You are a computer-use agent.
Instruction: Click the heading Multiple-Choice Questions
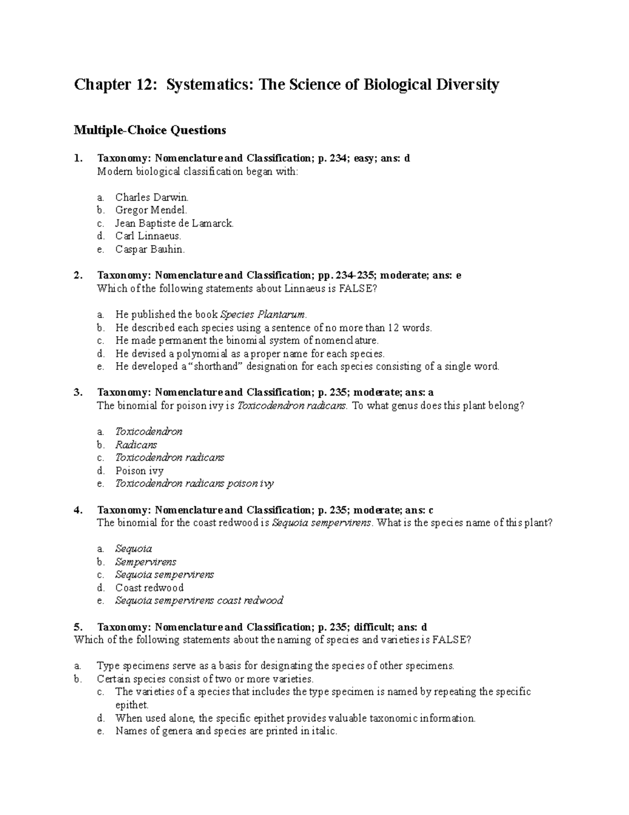150,130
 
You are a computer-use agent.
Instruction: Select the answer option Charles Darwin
151,197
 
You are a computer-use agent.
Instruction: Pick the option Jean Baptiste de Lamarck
174,223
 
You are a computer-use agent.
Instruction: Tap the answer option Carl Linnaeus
148,236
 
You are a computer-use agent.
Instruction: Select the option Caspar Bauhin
150,249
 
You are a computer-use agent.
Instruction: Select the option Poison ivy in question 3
139,471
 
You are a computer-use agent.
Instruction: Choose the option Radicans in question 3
136,444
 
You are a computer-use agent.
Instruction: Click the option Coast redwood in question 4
149,588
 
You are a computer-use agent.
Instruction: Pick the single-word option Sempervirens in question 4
146,562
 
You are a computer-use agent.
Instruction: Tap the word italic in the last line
323,731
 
